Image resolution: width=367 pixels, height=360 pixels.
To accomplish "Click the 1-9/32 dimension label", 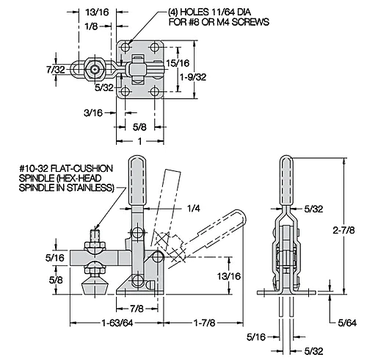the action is [x=193, y=77].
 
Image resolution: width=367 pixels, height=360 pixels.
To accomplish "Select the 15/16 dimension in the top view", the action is [x=178, y=63].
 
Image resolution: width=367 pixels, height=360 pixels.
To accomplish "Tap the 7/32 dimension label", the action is [x=56, y=70].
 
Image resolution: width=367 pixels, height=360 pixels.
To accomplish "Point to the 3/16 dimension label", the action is [x=93, y=113].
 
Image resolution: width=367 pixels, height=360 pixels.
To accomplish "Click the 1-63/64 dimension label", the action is [x=117, y=323].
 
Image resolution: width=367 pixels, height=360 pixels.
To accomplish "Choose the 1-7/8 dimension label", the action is [x=205, y=323].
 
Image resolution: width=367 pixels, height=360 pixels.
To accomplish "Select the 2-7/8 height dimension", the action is [x=344, y=230].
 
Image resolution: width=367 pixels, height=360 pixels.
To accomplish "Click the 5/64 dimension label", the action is [x=347, y=323].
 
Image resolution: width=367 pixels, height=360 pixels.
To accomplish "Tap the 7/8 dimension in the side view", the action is [x=137, y=309].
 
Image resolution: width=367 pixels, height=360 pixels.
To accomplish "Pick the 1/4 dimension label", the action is [x=194, y=209].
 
